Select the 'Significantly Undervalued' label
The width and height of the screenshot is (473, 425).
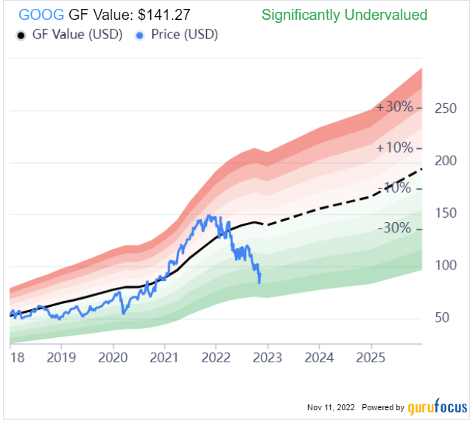point(344,15)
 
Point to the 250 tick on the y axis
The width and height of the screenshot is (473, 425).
point(446,109)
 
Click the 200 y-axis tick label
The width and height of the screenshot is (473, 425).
point(446,161)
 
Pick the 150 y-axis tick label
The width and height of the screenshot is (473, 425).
point(446,213)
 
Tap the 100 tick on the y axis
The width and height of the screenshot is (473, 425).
point(446,266)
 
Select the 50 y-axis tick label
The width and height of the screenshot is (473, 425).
point(443,318)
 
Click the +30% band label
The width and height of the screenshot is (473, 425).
point(395,107)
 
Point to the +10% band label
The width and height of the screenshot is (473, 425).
point(395,148)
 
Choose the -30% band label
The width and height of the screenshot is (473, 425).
point(395,228)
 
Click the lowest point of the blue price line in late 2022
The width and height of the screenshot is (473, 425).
point(259,283)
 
